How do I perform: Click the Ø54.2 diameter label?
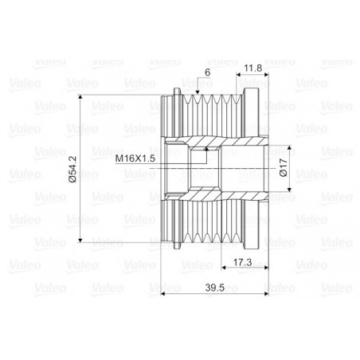point(72,169)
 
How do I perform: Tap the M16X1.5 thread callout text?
point(135,158)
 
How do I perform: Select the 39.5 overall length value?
point(215,288)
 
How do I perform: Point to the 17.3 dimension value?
point(242,263)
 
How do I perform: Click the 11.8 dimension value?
point(253,68)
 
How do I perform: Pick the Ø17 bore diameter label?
point(284,167)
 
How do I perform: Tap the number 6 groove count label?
point(208,72)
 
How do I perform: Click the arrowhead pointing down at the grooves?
point(198,92)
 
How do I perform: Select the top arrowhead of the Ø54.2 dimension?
point(80,97)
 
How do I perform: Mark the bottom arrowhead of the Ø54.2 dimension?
point(80,240)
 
